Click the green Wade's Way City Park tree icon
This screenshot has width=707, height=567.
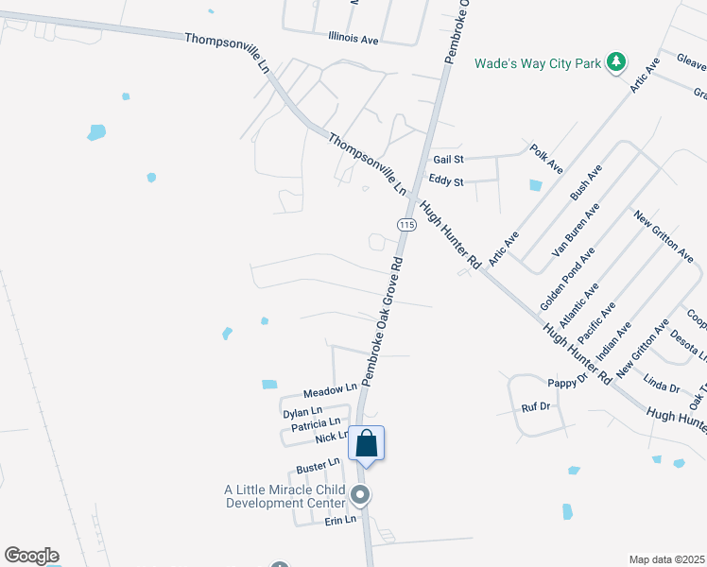[616, 62]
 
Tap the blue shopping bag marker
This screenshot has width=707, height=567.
[367, 443]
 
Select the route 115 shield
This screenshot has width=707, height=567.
[406, 224]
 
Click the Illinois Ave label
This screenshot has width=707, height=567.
[353, 40]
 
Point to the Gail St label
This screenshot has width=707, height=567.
[447, 161]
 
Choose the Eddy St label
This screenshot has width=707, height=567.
[446, 180]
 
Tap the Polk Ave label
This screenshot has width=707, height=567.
[546, 159]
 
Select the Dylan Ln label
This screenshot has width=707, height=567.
[302, 413]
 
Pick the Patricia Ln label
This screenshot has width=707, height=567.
[315, 425]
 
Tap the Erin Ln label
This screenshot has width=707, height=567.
[340, 521]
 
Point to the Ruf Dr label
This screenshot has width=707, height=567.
[536, 406]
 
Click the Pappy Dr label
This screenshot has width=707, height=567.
[568, 383]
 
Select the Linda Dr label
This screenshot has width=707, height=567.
[661, 387]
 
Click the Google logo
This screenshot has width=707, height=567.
[31, 556]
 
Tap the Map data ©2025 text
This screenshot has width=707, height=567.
[666, 559]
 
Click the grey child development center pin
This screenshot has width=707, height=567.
[359, 495]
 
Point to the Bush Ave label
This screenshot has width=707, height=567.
[585, 181]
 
